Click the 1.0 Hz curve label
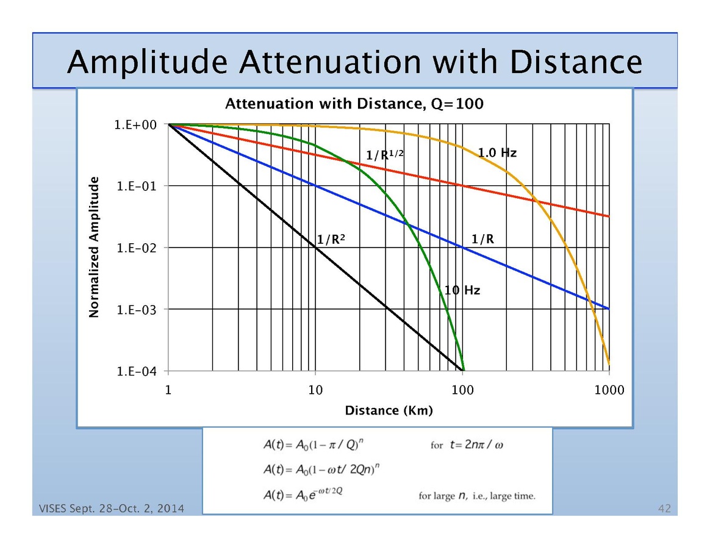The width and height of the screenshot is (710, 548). (497, 153)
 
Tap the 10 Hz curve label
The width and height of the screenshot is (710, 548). (462, 290)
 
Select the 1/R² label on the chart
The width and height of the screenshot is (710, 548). (331, 240)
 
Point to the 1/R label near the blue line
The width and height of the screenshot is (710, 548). (482, 240)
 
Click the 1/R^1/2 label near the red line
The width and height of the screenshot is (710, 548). (385, 155)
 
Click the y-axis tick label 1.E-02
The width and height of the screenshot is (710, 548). (137, 248)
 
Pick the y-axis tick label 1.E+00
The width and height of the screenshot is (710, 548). (137, 124)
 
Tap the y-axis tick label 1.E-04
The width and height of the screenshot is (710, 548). (137, 371)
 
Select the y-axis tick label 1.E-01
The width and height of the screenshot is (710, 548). (137, 186)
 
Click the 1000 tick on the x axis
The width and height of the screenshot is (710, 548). (609, 390)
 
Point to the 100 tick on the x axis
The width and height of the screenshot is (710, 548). (463, 390)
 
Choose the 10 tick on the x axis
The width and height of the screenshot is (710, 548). (315, 390)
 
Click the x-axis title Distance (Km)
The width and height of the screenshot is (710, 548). (389, 410)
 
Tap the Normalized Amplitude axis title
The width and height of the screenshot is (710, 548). (94, 247)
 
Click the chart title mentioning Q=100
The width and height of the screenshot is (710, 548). (354, 104)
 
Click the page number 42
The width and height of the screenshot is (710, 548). (664, 508)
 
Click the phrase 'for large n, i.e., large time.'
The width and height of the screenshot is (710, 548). (476, 496)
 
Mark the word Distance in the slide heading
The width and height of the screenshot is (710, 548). (575, 62)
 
